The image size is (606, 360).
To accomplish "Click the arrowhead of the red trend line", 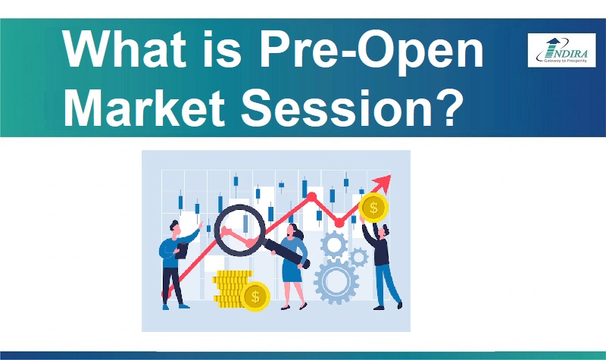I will pos(383,182).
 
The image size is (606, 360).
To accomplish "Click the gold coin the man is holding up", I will pos(372,206).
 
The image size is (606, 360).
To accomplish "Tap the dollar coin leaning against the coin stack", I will pos(255,295).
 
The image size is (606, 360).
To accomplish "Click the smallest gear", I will pos(359,256).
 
